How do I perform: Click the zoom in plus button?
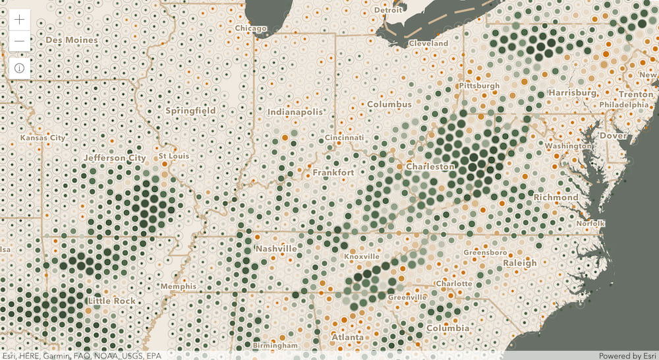pos(20,20)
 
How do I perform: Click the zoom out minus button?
pos(20,42)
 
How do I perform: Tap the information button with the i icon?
pos(20,68)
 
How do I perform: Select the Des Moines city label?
pos(72,40)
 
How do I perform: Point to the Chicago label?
pos(251,28)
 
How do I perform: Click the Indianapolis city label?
pos(295,112)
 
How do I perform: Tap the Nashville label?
pos(275,249)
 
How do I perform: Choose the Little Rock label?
pos(111,301)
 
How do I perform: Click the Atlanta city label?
pos(347,337)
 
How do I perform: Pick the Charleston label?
pos(430,167)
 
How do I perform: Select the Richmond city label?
pos(556,197)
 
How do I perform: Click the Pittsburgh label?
pos(479,86)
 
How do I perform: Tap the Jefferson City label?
pos(115,158)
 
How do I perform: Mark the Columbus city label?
pos(389,104)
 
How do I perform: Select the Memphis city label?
pos(178,286)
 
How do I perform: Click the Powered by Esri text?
pos(626,355)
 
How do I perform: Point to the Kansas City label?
pos(43,138)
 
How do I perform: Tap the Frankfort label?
pos(333,172)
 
